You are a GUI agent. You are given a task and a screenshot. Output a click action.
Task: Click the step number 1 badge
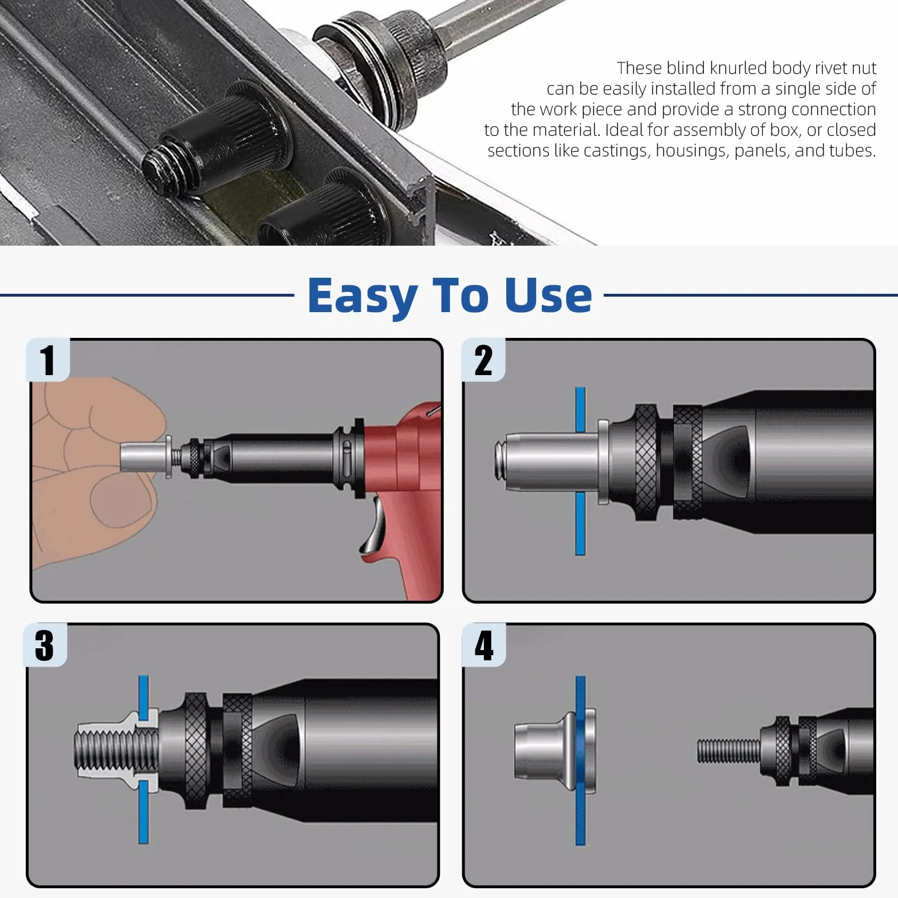pos(48,360)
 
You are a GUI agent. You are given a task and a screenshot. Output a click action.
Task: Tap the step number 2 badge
pos(483,360)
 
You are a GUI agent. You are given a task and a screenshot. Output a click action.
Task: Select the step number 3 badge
pos(45,645)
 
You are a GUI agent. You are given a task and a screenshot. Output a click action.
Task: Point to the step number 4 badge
pos(483,645)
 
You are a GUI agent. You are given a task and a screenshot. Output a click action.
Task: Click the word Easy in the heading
pos(362,297)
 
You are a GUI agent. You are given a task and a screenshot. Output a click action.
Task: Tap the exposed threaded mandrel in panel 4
pos(728,750)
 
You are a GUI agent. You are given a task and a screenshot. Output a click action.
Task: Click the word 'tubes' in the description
pos(850,151)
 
